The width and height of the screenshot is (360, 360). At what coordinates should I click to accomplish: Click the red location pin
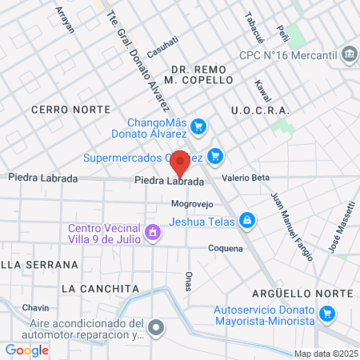[x=181, y=162]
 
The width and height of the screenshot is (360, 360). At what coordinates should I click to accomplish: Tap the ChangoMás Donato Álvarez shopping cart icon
[x=199, y=126]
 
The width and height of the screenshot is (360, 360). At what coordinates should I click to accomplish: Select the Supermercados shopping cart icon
[x=214, y=155]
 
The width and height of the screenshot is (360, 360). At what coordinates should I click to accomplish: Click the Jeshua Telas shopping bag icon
[x=248, y=219]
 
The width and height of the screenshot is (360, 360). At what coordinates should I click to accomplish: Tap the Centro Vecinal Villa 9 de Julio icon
[x=152, y=233]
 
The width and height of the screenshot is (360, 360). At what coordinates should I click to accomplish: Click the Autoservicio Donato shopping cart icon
[x=326, y=314]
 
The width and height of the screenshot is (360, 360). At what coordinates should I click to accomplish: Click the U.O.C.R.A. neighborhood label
[x=258, y=110]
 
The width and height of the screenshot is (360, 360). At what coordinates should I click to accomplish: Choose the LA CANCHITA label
[x=99, y=288]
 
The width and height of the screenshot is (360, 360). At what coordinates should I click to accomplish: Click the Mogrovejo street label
[x=192, y=204]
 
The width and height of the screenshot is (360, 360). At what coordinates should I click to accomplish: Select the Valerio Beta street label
[x=246, y=178]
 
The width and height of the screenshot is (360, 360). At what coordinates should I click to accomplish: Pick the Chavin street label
[x=36, y=308]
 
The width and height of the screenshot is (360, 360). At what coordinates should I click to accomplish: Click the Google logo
[x=27, y=350]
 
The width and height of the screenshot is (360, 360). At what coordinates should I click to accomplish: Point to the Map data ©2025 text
[x=325, y=354]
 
